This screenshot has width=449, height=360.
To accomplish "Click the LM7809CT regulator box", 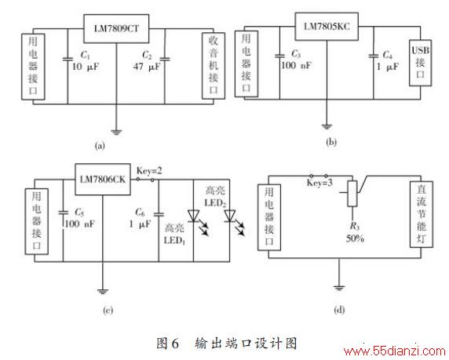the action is point(116,28).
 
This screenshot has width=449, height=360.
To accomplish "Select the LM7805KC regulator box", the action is point(327,27).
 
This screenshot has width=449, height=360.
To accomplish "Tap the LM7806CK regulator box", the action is point(103,180).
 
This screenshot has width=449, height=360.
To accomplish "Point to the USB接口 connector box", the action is point(420,63).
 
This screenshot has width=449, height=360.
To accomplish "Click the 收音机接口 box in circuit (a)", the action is point(214,66).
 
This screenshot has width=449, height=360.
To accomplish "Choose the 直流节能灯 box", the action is point(422,214).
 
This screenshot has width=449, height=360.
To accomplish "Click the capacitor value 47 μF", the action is point(147,67).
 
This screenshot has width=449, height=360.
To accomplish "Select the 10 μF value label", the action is point(85,67).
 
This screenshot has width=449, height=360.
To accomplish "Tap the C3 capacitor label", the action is point(296,53).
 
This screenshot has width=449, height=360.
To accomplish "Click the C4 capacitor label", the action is point(387,55).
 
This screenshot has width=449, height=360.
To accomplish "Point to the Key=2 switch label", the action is point(149,170).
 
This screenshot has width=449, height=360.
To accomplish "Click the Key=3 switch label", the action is point(319,183).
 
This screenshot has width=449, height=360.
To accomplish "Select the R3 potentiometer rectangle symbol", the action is point(352,194).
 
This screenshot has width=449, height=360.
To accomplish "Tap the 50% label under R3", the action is point(355,238).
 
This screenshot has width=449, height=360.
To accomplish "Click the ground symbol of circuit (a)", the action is point(116,132).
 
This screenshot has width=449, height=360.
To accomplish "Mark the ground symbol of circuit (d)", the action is point(339,288).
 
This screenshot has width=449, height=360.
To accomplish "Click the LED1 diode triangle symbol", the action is point(194,216).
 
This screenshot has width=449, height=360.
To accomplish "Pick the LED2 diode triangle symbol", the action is point(230,216).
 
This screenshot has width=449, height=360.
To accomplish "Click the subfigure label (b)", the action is point(331,142).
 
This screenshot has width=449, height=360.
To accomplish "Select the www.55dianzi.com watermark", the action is point(395,351).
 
